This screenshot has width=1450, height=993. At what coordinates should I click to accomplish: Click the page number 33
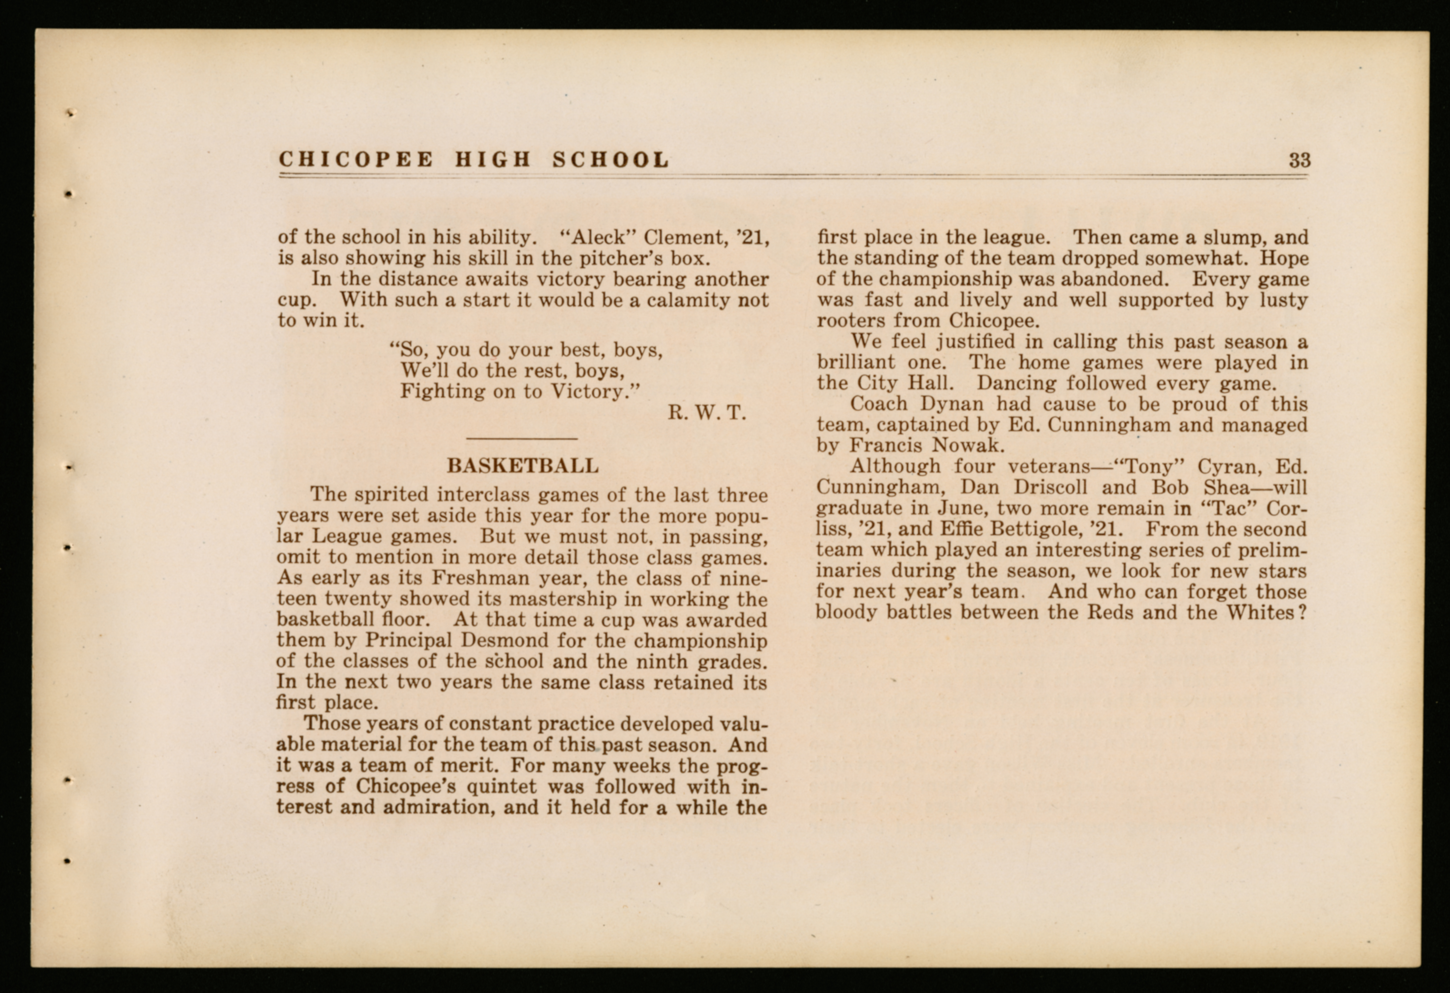1300,161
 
